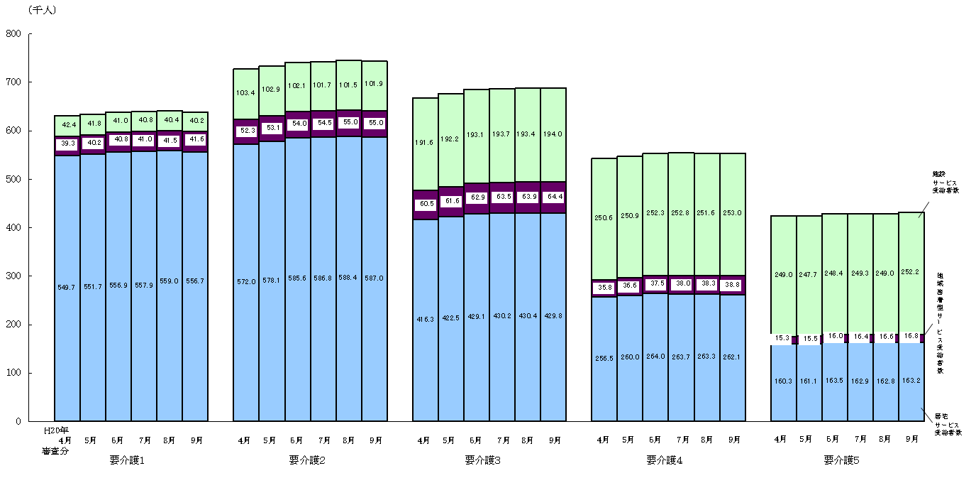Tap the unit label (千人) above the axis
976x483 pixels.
pos(42,10)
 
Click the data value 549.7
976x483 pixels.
pos(67,287)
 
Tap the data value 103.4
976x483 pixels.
pos(246,94)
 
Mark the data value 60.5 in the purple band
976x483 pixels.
pos(426,205)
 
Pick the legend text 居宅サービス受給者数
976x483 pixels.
pos(947,424)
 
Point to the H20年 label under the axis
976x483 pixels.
pos(55,429)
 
